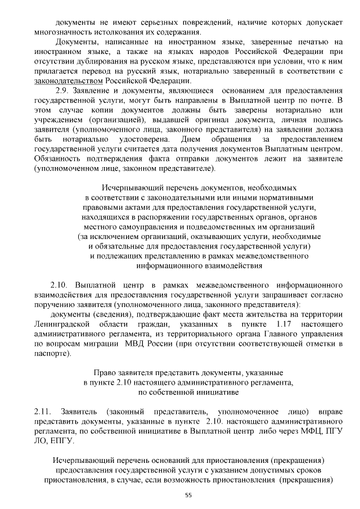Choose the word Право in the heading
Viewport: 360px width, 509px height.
tap(110, 372)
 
